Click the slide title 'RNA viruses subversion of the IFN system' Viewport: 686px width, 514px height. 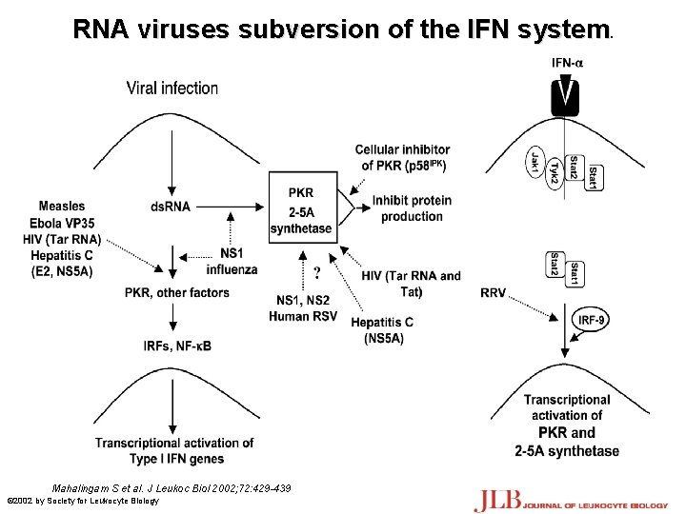[342, 30]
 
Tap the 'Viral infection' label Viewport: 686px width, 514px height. [172, 89]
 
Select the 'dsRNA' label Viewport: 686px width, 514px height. [171, 207]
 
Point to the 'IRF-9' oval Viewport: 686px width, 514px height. [591, 320]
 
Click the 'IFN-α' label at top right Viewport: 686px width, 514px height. [569, 64]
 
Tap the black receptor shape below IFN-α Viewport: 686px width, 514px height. [569, 95]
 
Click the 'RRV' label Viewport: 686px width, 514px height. [494, 292]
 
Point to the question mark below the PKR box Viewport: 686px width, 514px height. [316, 273]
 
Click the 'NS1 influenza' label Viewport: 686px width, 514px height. [232, 261]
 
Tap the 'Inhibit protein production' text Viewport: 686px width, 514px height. [412, 208]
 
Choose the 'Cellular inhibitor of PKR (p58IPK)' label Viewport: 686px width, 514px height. [403, 158]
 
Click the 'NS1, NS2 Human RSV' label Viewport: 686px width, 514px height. [302, 308]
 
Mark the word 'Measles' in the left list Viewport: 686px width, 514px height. [62, 206]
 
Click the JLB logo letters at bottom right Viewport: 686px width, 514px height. [497, 499]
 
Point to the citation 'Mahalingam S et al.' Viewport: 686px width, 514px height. [104, 487]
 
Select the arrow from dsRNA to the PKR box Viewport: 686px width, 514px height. [229, 207]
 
